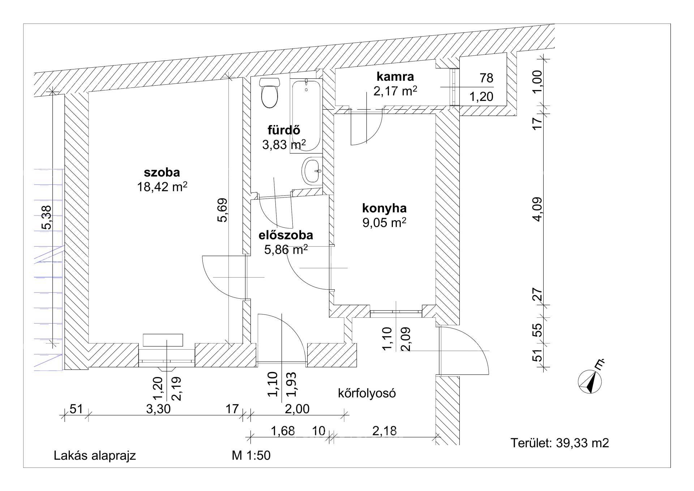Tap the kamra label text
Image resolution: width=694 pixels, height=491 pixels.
[395, 76]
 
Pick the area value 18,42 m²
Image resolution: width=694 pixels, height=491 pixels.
[162, 187]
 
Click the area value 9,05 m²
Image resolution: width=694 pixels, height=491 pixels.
[384, 223]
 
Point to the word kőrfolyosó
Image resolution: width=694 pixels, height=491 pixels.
[367, 393]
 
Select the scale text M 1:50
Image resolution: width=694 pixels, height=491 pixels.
[251, 456]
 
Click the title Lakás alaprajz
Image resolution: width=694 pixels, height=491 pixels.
[95, 456]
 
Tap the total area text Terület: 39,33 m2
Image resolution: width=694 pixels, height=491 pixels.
[560, 443]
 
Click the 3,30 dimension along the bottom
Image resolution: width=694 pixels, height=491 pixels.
[158, 409]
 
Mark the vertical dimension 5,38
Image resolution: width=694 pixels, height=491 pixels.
[47, 217]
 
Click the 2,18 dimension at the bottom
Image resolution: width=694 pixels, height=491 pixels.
[385, 431]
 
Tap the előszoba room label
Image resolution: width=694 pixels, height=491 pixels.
[286, 235]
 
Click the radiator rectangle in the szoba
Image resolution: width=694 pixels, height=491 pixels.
[163, 340]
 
